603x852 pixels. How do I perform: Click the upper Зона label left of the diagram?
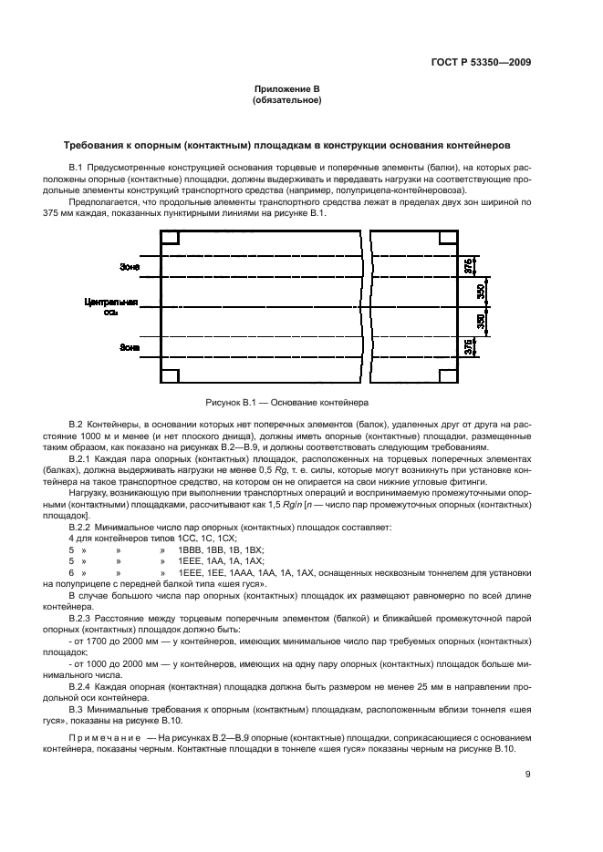pos(129,267)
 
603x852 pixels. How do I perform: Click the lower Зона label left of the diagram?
pos(129,347)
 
